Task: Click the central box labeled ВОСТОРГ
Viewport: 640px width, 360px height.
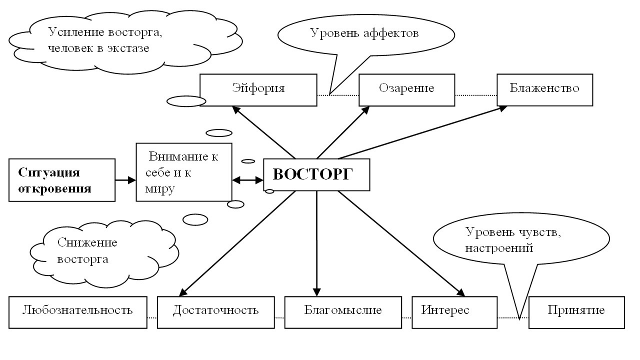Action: coord(316,174)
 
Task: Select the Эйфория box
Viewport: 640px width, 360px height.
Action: coord(258,90)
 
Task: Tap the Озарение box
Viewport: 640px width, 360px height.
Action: coord(407,90)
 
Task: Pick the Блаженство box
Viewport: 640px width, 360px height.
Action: coord(545,90)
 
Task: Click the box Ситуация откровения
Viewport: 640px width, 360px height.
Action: coord(62,180)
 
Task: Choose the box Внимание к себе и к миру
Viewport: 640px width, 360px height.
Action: coord(184,172)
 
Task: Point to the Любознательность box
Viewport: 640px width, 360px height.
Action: coord(78,312)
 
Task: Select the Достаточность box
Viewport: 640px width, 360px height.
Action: coord(216,312)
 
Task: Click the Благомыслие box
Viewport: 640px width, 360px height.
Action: coord(343,312)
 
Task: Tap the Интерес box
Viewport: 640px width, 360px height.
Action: coord(454,312)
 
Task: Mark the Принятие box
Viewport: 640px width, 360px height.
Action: coord(576,312)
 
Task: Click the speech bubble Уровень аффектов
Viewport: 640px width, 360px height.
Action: coord(366,35)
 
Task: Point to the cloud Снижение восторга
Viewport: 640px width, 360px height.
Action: coord(104,253)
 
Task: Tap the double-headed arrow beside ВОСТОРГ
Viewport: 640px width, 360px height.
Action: coord(247,180)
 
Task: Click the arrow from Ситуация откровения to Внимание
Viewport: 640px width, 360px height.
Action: coord(125,180)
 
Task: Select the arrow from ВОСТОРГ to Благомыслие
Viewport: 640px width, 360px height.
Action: coord(316,243)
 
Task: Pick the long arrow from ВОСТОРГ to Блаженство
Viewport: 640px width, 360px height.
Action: coord(423,132)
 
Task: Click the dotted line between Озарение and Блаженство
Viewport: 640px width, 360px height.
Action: coord(476,95)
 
